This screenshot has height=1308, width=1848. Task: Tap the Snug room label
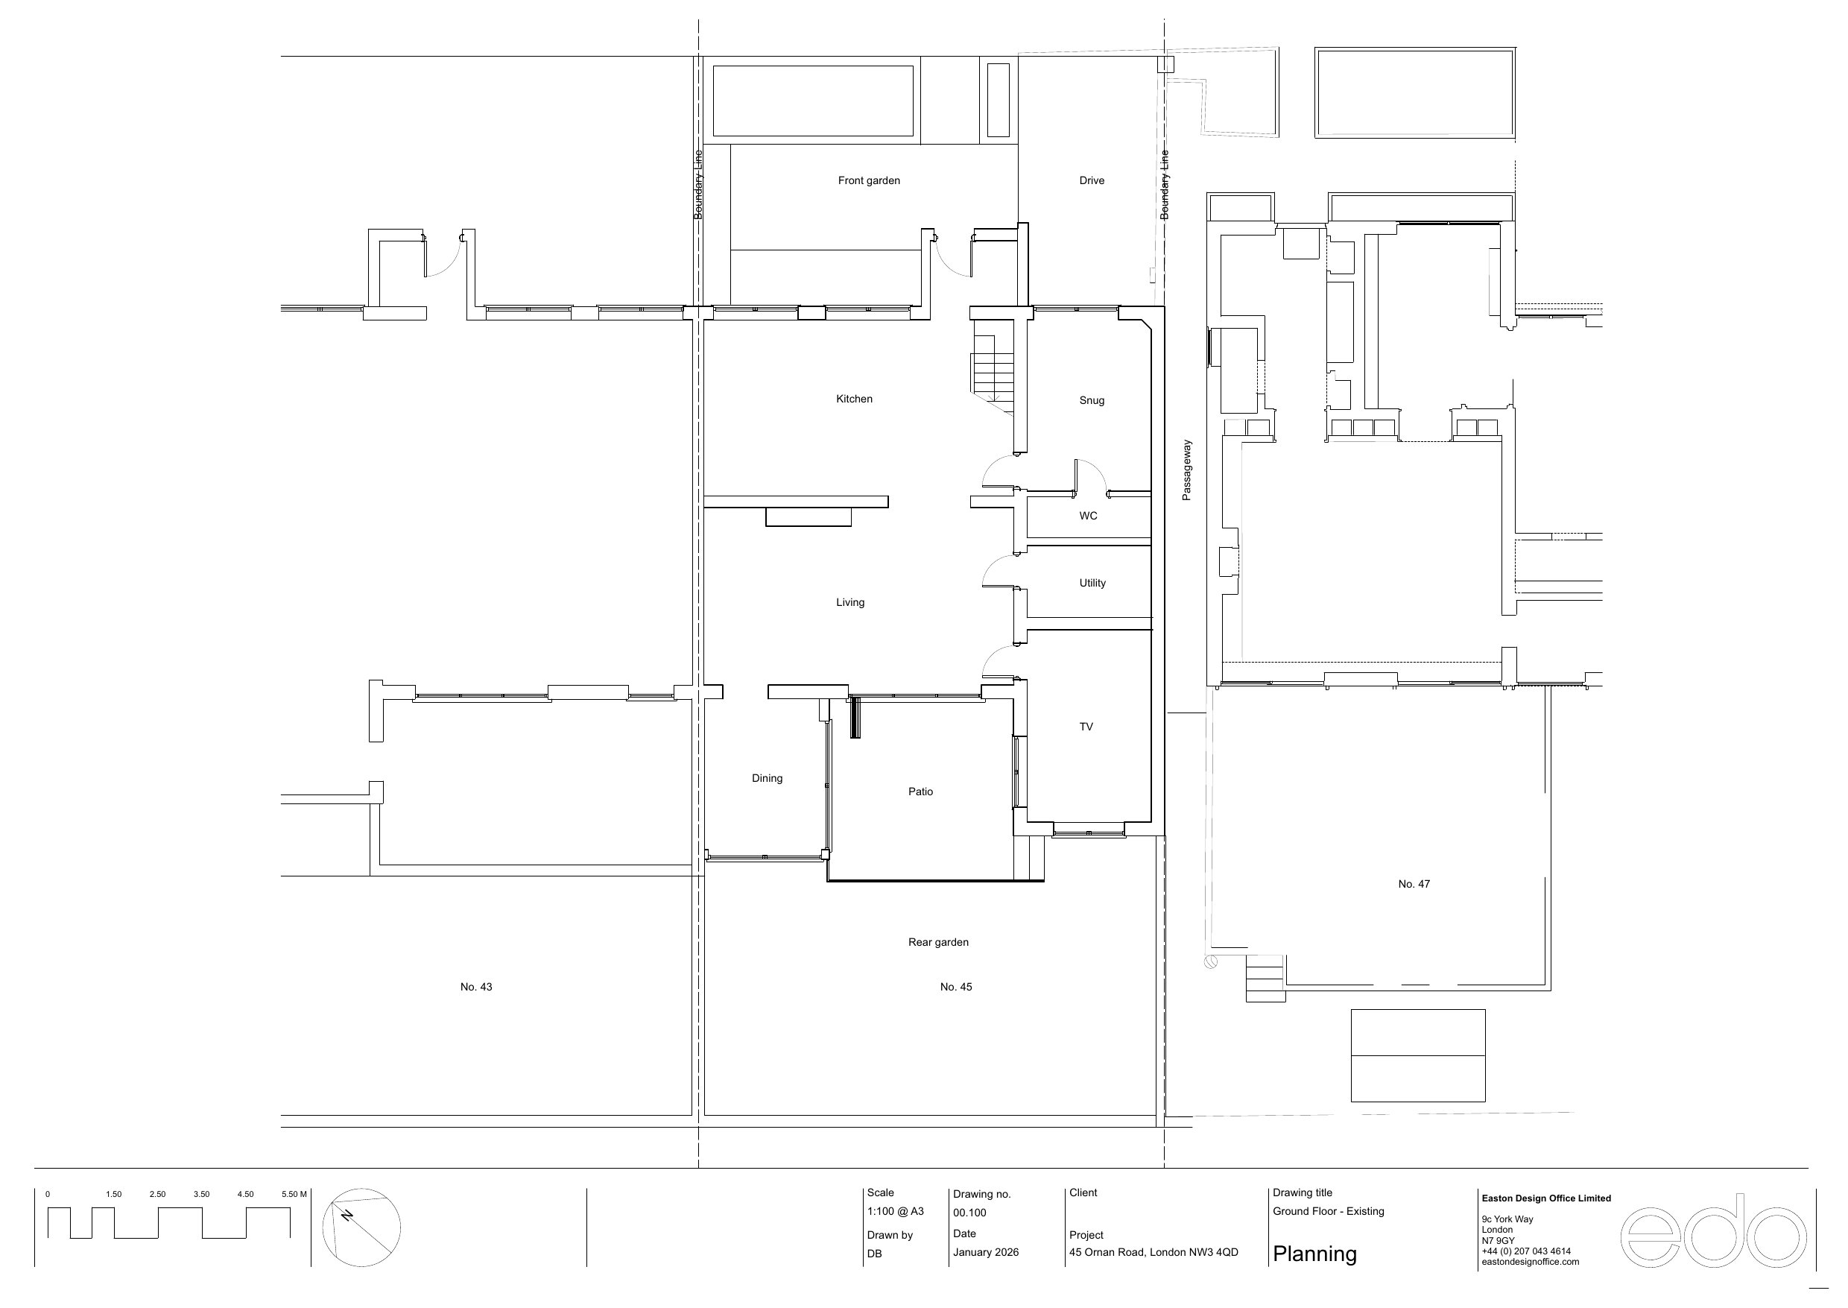[x=1091, y=400]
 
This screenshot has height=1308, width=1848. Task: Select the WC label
[x=1088, y=516]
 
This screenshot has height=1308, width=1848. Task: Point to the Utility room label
[x=1092, y=583]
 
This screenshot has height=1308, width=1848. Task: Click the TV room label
[x=1086, y=727]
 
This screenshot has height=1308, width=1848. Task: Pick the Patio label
[x=920, y=792]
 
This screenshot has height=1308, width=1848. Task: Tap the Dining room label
[x=767, y=778]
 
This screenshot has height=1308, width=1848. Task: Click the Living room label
[x=849, y=602]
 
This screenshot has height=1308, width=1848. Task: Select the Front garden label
[x=869, y=180]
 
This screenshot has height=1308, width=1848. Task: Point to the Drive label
[x=1091, y=180]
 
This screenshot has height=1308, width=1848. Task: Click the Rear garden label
[x=938, y=942]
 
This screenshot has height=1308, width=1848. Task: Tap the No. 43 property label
[x=476, y=987]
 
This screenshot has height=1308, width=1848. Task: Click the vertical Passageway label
[x=1186, y=470]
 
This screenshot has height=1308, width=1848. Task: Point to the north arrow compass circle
[x=361, y=1228]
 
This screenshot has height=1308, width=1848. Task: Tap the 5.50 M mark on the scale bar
[x=294, y=1195]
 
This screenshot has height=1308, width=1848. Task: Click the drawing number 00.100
[x=969, y=1212]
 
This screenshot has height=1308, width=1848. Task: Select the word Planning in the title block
[x=1314, y=1254]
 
